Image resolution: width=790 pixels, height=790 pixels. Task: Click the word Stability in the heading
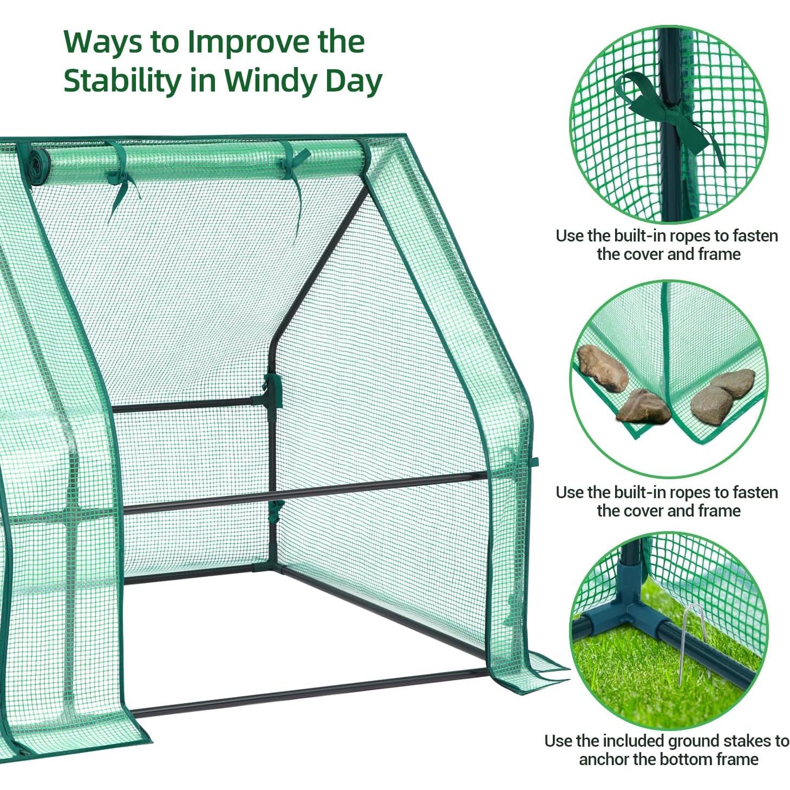click(122, 81)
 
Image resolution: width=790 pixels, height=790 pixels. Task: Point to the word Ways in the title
click(102, 42)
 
